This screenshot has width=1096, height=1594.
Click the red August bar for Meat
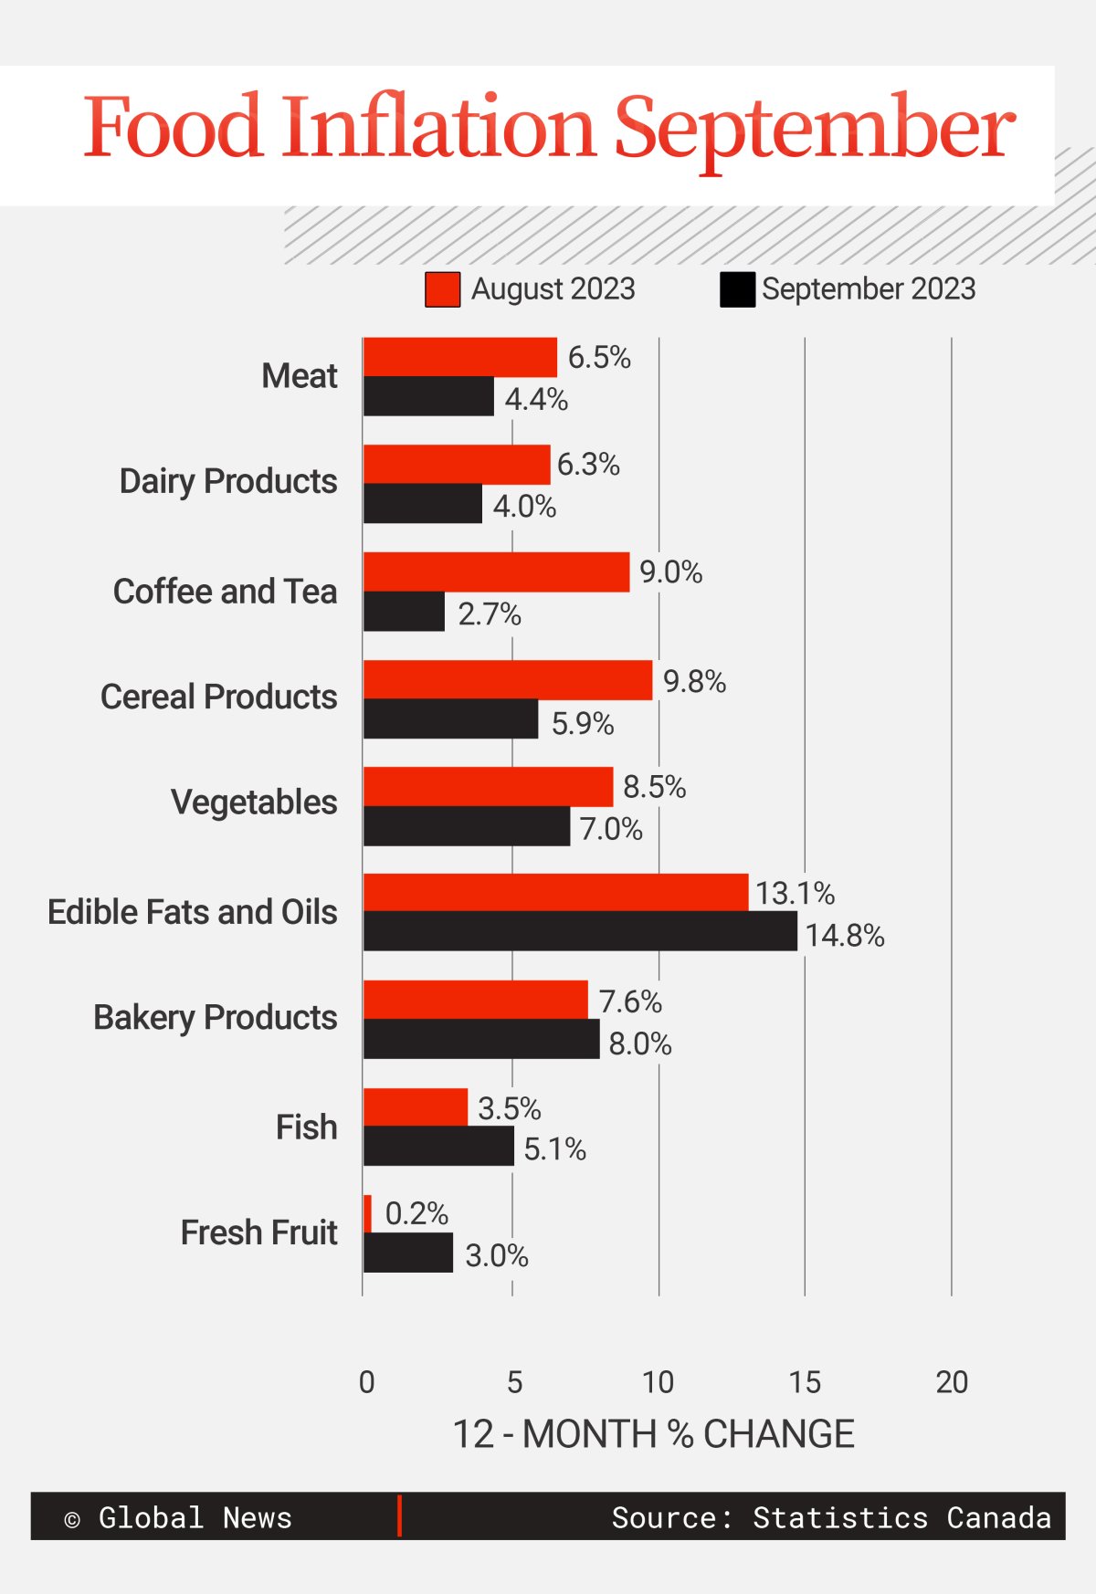click(460, 357)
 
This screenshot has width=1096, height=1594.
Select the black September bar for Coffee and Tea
click(404, 612)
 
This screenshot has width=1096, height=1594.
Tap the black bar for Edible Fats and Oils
click(580, 931)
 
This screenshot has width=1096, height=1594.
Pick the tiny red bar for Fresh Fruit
click(367, 1213)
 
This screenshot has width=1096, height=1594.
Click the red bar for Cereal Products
click(508, 680)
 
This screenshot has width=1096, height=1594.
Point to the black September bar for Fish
click(438, 1146)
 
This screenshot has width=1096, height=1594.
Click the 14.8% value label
click(845, 936)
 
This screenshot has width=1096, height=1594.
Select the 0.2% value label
click(416, 1213)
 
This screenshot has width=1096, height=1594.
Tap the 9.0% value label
click(670, 572)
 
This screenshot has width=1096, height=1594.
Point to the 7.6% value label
click(630, 1001)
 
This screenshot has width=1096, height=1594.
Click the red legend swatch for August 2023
click(443, 289)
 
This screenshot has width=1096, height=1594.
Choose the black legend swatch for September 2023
click(737, 289)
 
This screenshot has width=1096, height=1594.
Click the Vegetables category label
click(254, 802)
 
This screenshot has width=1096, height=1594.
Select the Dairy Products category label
click(228, 481)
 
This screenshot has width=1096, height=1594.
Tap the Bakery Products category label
click(216, 1017)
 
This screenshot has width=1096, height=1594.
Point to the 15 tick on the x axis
click(805, 1382)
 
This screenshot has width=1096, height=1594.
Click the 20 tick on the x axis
click(952, 1382)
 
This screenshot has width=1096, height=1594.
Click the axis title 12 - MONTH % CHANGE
click(653, 1434)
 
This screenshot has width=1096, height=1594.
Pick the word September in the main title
click(814, 128)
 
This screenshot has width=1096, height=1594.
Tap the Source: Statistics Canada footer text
click(831, 1517)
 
